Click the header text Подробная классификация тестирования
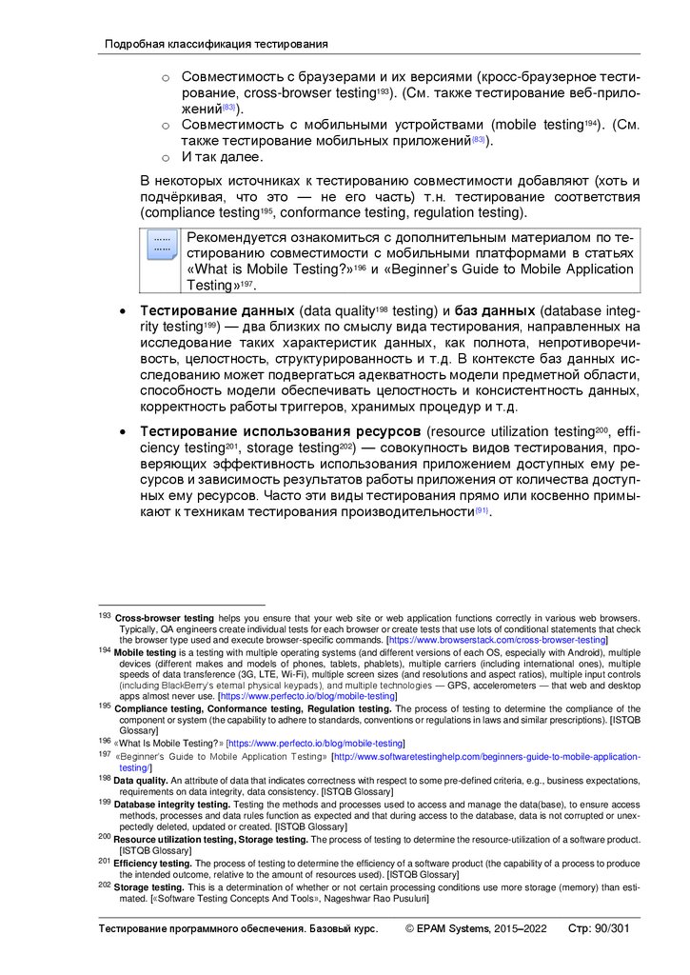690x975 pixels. (x=216, y=44)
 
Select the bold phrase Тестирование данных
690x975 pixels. (x=217, y=311)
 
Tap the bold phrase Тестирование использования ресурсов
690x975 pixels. (x=282, y=433)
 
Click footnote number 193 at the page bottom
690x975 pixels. (x=105, y=617)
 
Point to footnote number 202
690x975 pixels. (x=105, y=885)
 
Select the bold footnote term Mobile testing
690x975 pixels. (x=145, y=653)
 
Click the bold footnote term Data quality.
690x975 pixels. (x=141, y=779)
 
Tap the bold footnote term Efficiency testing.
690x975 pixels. (x=153, y=863)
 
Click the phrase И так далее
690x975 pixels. (x=223, y=157)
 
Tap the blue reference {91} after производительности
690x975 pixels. (x=482, y=512)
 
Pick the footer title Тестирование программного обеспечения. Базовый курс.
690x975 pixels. (x=240, y=928)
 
